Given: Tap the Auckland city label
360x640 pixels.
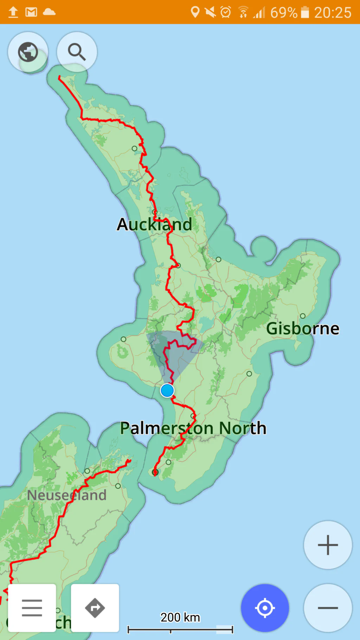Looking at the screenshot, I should [154, 224].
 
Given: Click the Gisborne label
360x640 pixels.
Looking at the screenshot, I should [303, 328].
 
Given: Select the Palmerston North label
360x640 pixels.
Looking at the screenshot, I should [193, 428].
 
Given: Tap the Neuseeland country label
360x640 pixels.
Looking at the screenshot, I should [67, 495].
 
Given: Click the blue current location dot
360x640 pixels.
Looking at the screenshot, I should [167, 390].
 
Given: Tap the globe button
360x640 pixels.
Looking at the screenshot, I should [28, 52].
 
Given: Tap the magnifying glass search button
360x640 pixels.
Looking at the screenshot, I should [77, 52].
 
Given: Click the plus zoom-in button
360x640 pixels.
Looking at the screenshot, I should [328, 545].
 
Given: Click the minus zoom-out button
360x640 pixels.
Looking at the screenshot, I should [328, 608].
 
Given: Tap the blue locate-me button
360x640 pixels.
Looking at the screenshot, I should [265, 608].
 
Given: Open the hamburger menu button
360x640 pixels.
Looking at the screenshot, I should [32, 608].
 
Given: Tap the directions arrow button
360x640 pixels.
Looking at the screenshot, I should [95, 608].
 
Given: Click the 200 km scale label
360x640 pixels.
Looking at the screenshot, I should [180, 617].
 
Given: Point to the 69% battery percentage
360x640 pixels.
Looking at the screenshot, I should [283, 13].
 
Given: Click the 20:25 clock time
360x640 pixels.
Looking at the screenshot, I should [332, 13].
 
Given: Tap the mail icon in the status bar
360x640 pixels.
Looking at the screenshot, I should [31, 12].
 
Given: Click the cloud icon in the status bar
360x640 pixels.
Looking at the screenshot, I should [49, 12].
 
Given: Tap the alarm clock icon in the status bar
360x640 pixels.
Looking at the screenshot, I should [225, 12].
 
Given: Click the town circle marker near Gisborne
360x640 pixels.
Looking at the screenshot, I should [303, 316].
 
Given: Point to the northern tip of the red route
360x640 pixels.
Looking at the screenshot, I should [59, 77].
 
